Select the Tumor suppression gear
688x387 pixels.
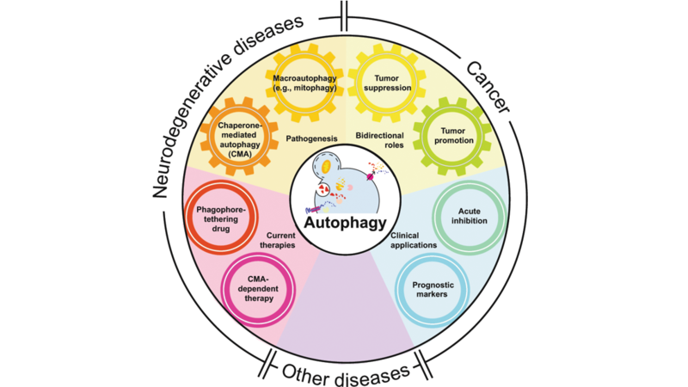coord(384,83)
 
